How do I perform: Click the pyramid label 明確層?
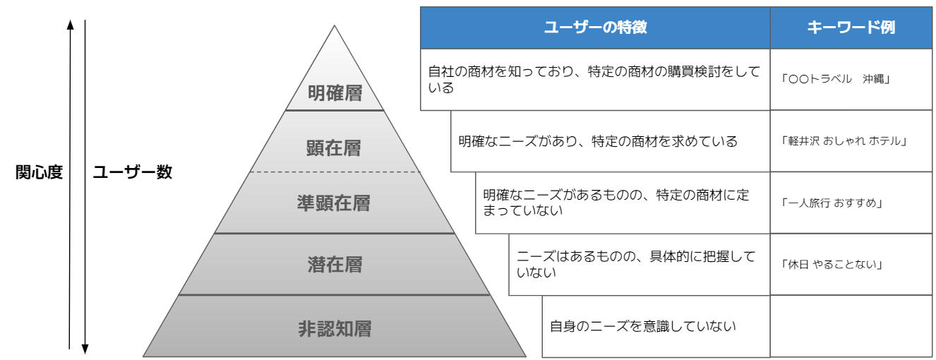[335, 93]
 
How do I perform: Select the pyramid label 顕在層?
[335, 148]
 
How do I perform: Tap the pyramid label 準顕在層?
[335, 203]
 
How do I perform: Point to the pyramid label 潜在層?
[335, 265]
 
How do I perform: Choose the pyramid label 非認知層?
[335, 328]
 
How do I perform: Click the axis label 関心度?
[40, 172]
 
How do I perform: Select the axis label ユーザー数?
[133, 172]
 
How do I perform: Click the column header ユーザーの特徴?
[595, 28]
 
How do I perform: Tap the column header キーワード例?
[851, 28]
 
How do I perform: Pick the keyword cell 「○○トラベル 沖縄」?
[836, 79]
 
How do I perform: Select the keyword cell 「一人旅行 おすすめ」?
[833, 203]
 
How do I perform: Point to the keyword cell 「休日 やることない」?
[833, 265]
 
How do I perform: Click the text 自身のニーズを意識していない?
[643, 326]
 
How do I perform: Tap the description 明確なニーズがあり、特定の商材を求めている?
[598, 141]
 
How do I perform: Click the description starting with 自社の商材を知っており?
[594, 79]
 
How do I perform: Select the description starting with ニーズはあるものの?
[636, 264]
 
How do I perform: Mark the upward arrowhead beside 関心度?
[70, 25]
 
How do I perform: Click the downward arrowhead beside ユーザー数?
[85, 347]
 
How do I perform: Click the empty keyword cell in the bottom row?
[851, 326]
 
